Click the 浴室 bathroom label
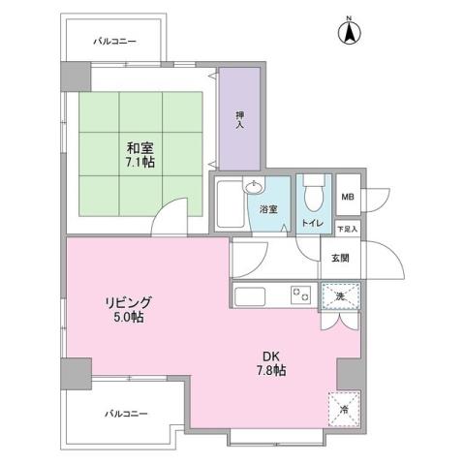(x=268, y=208)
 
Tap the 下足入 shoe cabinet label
(x=347, y=229)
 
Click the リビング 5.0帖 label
(x=129, y=309)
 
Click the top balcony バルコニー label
(x=115, y=42)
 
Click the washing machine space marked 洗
(x=339, y=294)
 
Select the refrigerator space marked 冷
(x=345, y=409)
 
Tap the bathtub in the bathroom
(x=229, y=206)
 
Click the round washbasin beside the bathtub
(x=255, y=189)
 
